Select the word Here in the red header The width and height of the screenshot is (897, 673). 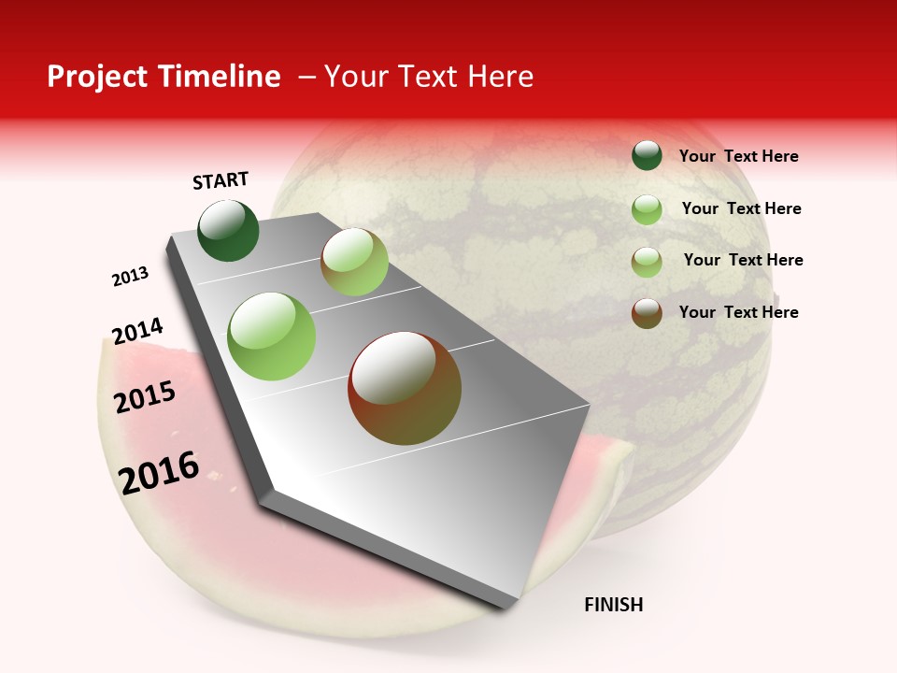(500, 77)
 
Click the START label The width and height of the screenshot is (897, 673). (221, 180)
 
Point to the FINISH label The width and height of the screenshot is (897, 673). (613, 605)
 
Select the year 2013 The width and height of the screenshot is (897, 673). (131, 277)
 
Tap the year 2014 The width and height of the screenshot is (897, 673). (137, 331)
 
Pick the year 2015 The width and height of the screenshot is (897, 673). (145, 397)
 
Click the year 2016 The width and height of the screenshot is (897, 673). (159, 473)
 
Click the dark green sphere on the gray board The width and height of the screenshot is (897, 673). (229, 231)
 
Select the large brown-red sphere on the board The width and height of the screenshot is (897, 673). (405, 388)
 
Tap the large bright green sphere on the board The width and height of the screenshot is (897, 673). (272, 336)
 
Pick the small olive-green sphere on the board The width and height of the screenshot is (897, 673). (354, 262)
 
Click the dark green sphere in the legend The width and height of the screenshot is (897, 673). (647, 155)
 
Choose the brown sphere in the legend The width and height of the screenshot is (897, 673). (647, 312)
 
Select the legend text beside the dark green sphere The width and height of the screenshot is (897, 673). (738, 156)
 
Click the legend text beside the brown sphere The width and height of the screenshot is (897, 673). (738, 312)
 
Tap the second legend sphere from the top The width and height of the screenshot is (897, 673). (647, 208)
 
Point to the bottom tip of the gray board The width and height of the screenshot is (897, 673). (505, 606)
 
